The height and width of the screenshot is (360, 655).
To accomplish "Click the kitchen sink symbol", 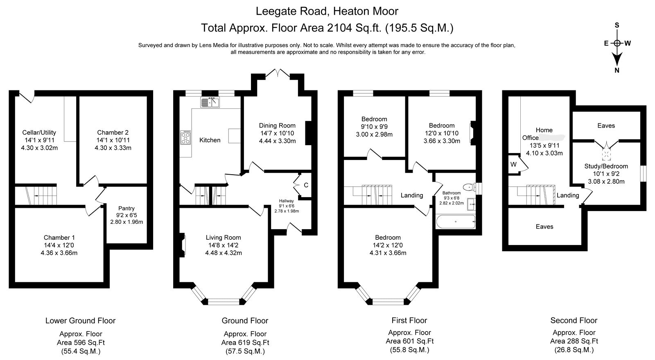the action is point(210,102).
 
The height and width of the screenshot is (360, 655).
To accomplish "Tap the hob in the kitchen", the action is point(185,137).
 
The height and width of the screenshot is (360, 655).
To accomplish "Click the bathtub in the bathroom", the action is point(456,222).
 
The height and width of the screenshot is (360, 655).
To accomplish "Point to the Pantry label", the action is point(126,208).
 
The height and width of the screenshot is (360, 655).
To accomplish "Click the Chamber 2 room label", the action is point(113,133).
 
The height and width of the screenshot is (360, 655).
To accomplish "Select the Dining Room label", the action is point(277,125).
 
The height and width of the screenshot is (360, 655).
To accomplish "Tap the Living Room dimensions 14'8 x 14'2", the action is point(224,245).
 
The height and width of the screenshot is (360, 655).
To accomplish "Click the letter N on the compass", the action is point(617,70).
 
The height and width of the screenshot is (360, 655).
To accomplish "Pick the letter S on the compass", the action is point(617,25).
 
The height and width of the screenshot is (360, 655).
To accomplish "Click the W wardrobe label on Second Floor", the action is point(513,164).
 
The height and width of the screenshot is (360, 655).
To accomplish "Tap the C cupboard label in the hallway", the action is point(306,185).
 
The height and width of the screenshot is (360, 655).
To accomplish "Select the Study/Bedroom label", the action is point(606,166).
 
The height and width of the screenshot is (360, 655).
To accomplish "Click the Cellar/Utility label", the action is point(39,133).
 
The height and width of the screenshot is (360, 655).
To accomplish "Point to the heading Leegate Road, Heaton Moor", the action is point(327,11).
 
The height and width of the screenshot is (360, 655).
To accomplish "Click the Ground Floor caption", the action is point(245,321).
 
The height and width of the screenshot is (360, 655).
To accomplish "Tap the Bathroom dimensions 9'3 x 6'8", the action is point(452,198).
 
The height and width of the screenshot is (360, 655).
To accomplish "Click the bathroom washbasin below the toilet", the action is point(471,204).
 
